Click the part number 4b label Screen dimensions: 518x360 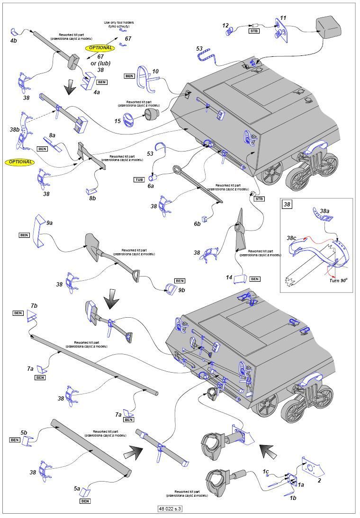[x=13, y=41]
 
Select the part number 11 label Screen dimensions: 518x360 [x=283, y=18]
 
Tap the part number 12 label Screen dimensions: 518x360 [x=225, y=26]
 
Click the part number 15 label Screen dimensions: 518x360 [x=117, y=121]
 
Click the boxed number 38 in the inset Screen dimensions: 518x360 [x=287, y=205]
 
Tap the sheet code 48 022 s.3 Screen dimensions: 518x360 [x=170, y=509]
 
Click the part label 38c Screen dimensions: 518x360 [x=292, y=238]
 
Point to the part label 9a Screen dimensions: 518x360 [x=49, y=223]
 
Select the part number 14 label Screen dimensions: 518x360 [x=229, y=277]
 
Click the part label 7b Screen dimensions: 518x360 [x=34, y=305]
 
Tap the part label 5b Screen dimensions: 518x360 [x=24, y=432]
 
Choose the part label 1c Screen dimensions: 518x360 [x=266, y=472]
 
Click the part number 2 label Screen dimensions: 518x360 [x=319, y=481]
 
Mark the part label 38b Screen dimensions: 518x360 [x=14, y=129]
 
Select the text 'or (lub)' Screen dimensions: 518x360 [x=100, y=63]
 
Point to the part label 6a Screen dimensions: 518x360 [x=151, y=186]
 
